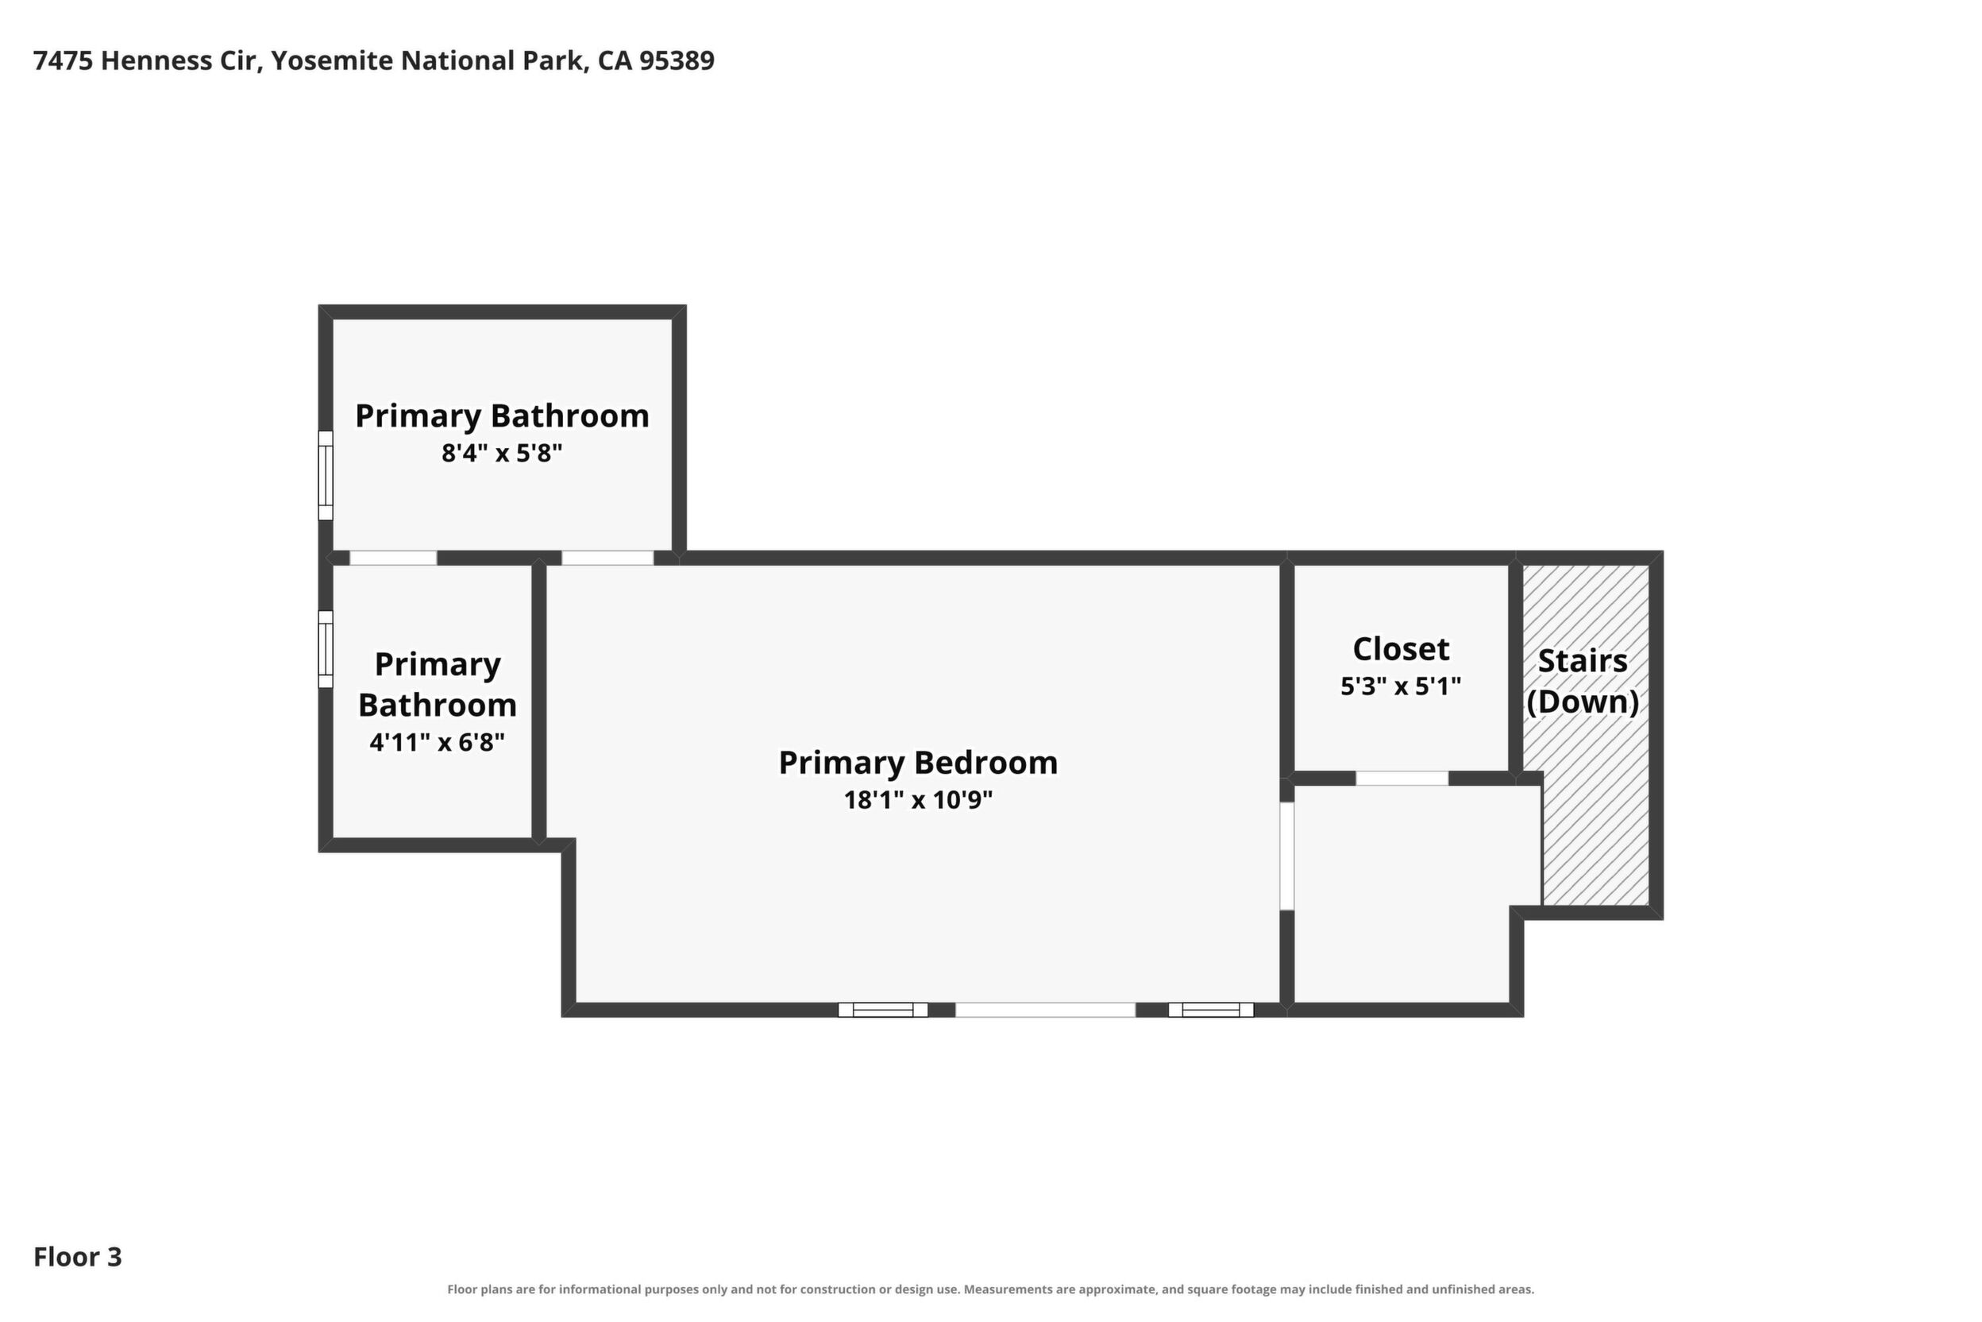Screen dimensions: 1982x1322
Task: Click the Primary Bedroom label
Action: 918,763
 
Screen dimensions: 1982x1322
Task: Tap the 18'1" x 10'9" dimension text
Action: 918,799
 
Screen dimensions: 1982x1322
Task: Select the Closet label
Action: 1401,649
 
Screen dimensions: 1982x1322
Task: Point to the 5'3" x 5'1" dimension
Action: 1401,686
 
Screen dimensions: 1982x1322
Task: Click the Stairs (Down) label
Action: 1583,681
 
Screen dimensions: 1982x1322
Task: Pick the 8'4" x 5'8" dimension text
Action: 501,454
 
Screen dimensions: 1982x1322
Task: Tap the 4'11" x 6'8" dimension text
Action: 438,743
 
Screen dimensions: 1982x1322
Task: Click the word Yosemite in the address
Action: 331,60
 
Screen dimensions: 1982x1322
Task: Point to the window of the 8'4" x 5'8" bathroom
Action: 326,476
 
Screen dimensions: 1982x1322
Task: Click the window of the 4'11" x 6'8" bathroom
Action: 326,649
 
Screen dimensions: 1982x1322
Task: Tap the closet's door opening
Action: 1402,779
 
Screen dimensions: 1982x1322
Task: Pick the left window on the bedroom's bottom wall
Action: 882,1010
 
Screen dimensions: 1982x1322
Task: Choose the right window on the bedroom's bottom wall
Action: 1211,1010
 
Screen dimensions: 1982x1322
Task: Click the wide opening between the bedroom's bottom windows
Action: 1045,1010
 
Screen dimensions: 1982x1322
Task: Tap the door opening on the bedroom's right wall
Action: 1286,856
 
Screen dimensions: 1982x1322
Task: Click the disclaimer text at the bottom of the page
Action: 991,1289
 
